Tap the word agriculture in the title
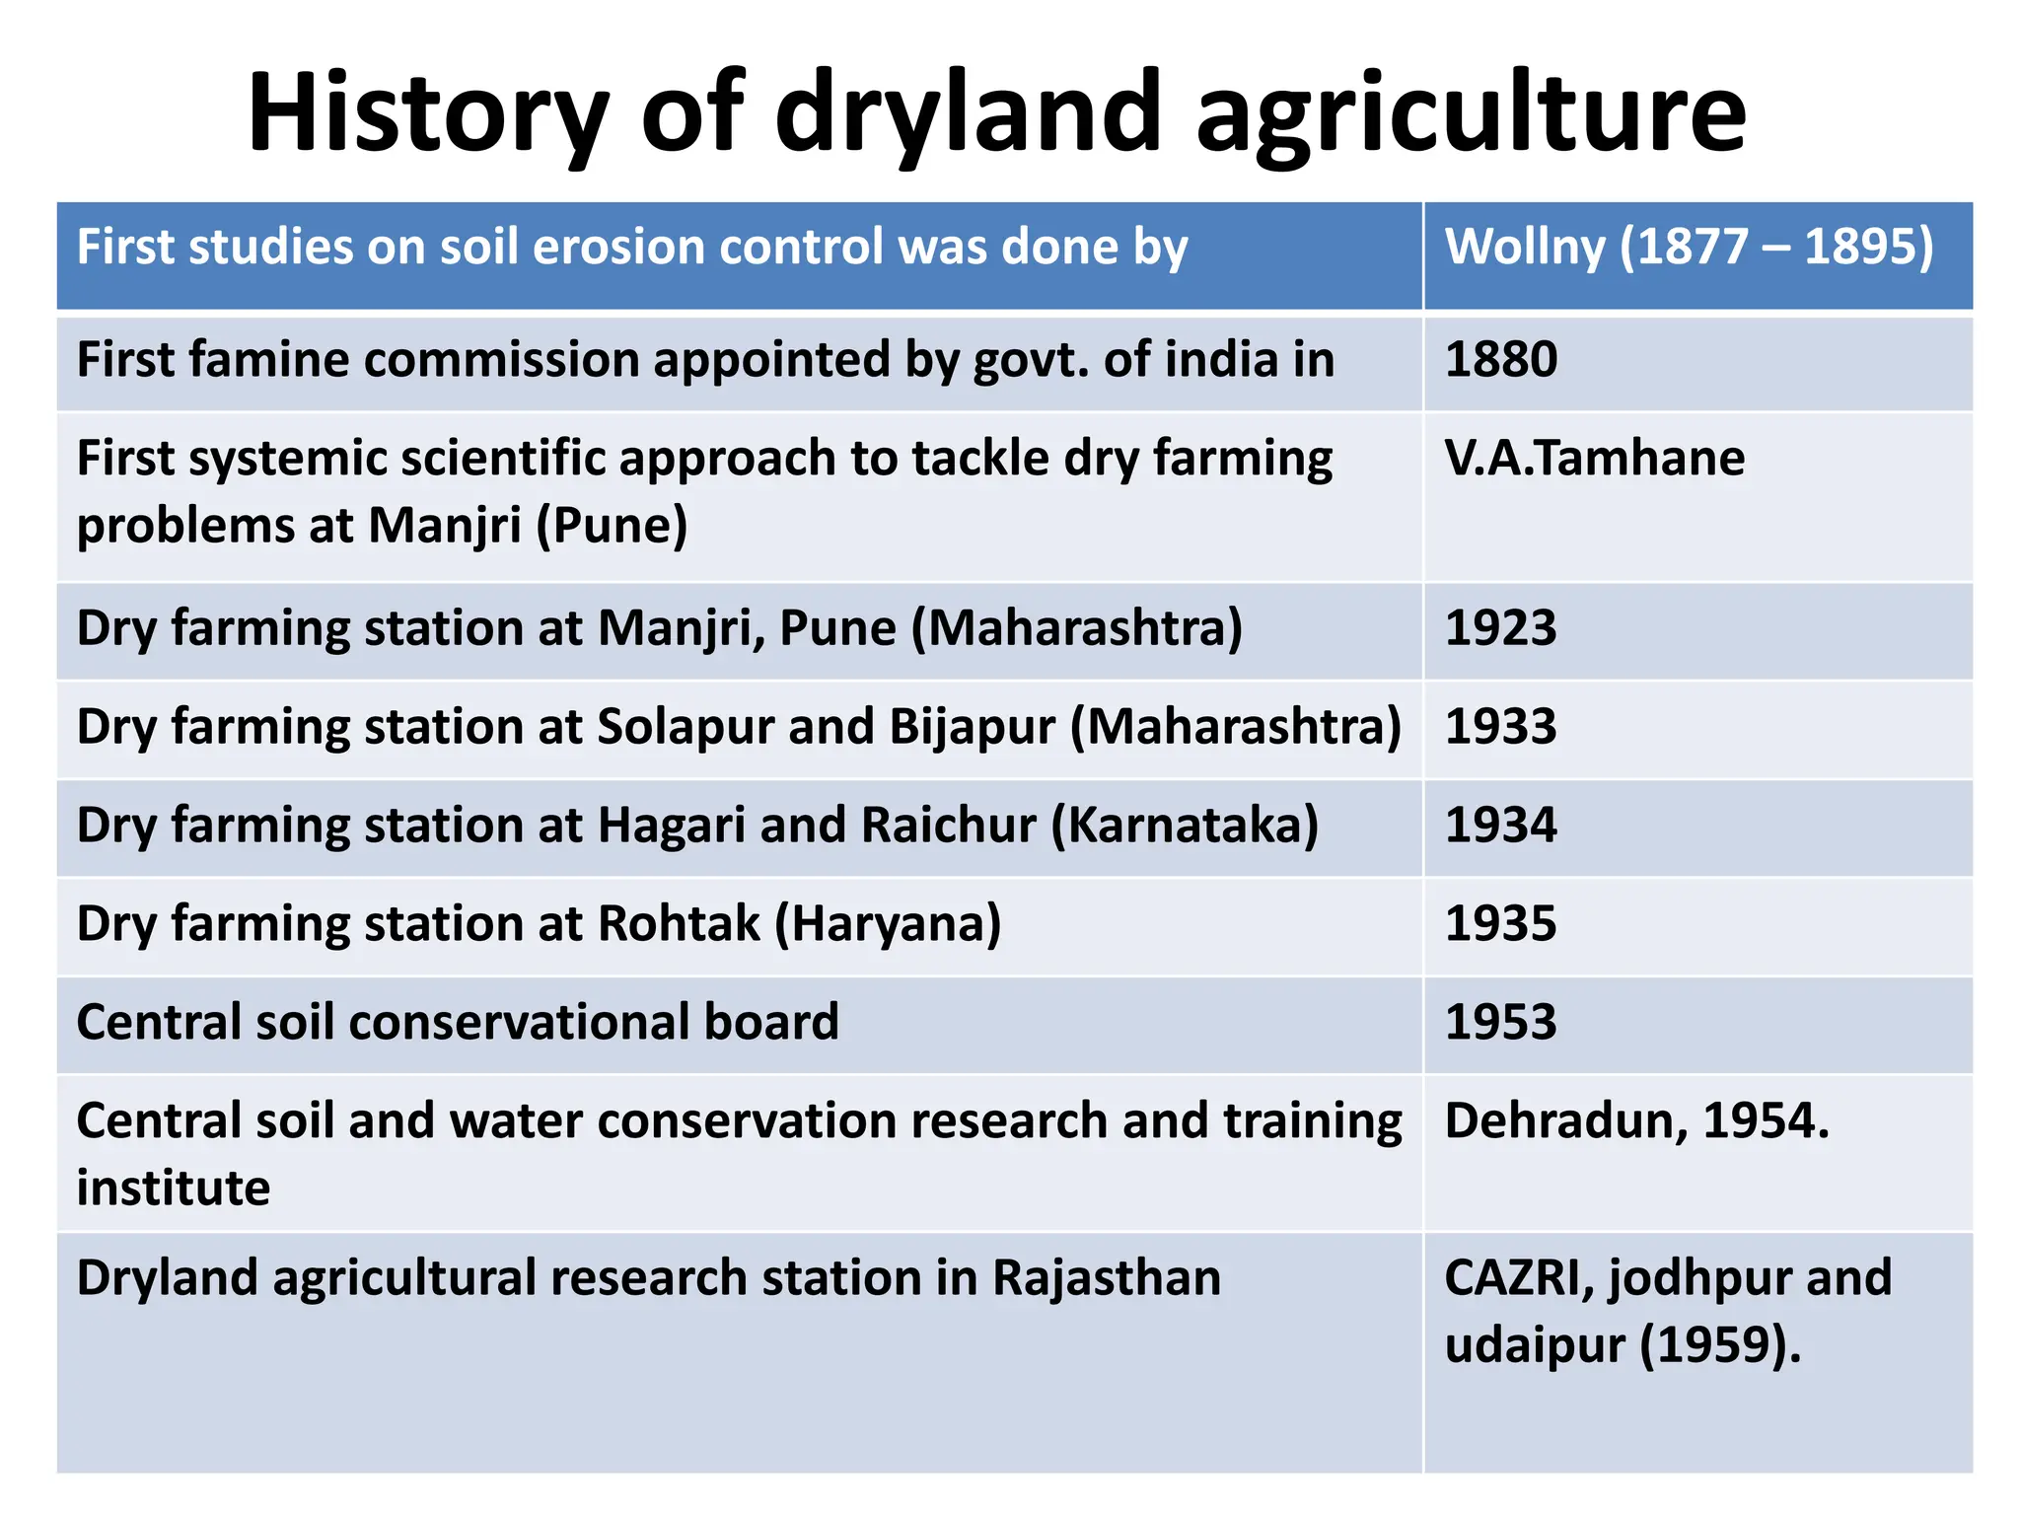[1471, 113]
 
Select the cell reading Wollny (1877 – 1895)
[1689, 247]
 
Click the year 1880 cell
[1500, 359]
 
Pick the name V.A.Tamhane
[1594, 459]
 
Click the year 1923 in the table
[1500, 628]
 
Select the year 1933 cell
[1500, 727]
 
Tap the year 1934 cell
[1500, 826]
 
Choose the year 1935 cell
[1500, 924]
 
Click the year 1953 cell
[1500, 1023]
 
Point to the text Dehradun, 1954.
[1636, 1121]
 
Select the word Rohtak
[679, 924]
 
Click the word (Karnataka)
[1185, 826]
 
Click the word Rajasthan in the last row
[1107, 1278]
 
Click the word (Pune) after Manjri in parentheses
[612, 526]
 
